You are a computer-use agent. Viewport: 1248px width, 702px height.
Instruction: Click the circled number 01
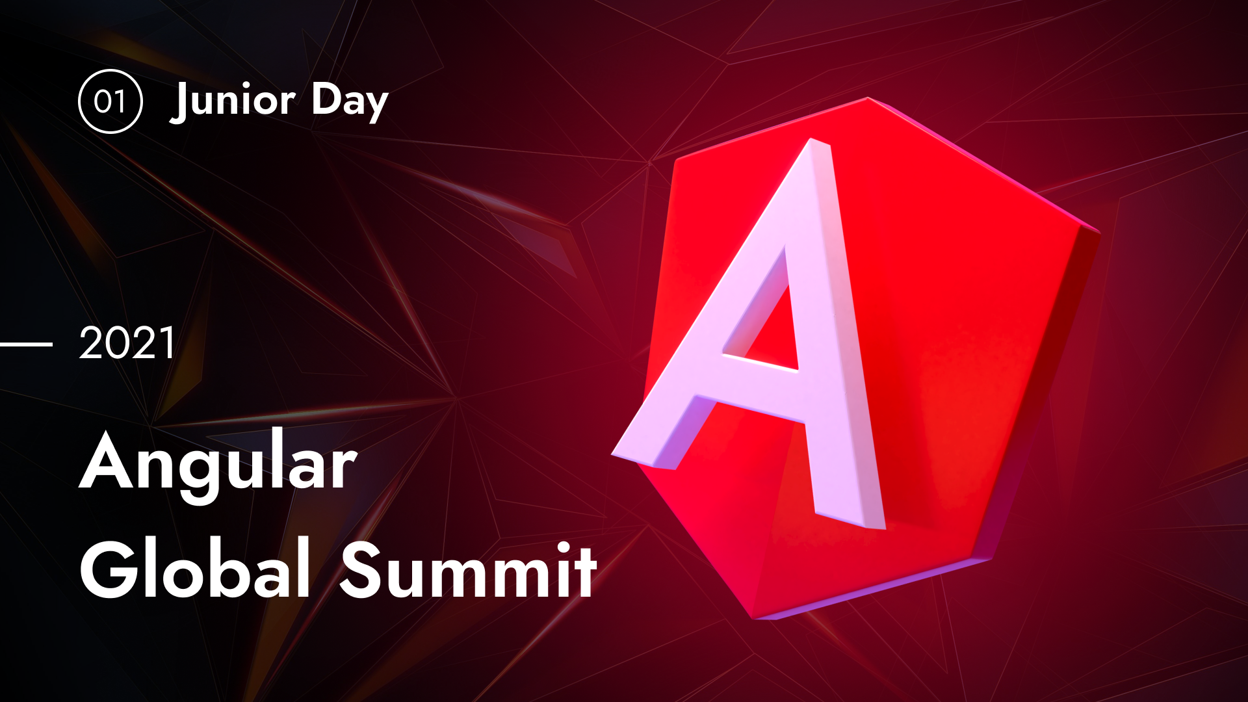(110, 101)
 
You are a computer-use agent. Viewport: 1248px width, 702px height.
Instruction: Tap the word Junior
(233, 101)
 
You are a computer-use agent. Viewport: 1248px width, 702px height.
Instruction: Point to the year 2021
(127, 343)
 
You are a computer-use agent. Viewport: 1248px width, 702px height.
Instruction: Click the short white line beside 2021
(26, 344)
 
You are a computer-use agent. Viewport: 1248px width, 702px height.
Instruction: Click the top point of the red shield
(868, 99)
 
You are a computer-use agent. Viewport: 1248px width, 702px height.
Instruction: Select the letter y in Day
(376, 108)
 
